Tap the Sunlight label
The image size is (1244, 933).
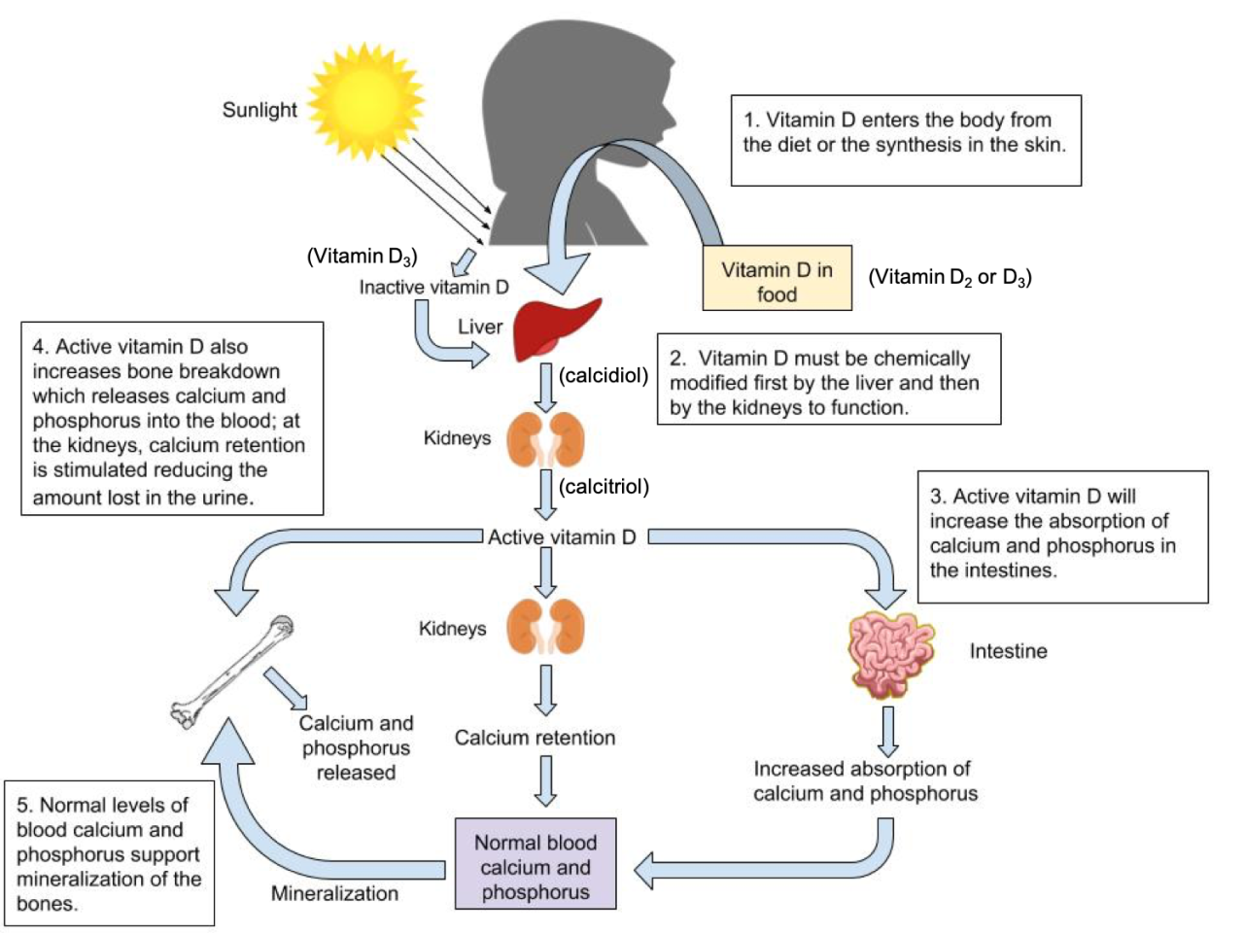(259, 110)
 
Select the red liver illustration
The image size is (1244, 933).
(556, 329)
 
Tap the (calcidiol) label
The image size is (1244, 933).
(604, 375)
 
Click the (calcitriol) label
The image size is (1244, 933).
(604, 486)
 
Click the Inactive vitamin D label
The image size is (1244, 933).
(433, 287)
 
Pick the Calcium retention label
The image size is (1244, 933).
(535, 738)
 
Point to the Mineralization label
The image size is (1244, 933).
(334, 893)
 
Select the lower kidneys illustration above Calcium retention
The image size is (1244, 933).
(546, 627)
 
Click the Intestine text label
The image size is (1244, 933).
(1008, 651)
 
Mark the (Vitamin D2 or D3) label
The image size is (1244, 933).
(950, 277)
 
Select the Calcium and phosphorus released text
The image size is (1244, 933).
(356, 747)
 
